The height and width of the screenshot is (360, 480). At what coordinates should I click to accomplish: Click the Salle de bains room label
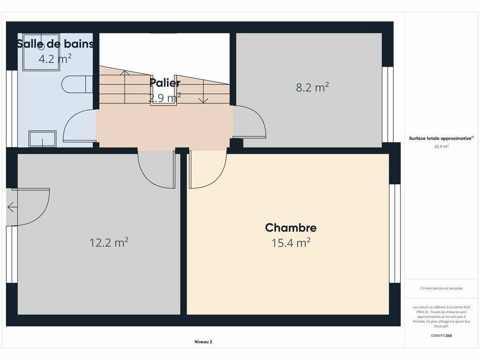tap(55, 44)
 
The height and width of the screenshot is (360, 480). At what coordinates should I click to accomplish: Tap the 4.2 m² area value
tap(55, 58)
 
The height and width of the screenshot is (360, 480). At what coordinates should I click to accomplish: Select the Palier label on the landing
tap(165, 82)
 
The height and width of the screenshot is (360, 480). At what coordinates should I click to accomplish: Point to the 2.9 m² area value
tap(165, 98)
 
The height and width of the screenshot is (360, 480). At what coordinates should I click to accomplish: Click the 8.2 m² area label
tap(312, 87)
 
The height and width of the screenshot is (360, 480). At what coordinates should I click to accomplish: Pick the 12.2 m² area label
tap(109, 242)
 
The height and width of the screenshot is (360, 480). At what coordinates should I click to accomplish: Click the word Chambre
tap(291, 227)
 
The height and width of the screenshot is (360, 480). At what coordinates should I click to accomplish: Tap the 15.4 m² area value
tap(291, 243)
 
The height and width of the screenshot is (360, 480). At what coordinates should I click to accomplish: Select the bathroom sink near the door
tap(43, 139)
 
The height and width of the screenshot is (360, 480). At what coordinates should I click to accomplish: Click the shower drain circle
tap(41, 46)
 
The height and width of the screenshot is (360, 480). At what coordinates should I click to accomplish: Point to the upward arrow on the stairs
tap(125, 87)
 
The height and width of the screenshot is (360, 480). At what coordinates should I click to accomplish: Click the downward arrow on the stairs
tap(203, 92)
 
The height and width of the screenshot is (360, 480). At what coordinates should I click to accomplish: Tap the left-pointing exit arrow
tap(12, 207)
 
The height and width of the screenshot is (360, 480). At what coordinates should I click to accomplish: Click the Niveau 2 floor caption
tap(203, 342)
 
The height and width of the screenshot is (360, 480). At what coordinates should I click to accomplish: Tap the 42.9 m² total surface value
tap(441, 146)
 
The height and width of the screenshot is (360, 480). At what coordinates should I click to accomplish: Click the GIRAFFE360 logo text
tap(441, 336)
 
